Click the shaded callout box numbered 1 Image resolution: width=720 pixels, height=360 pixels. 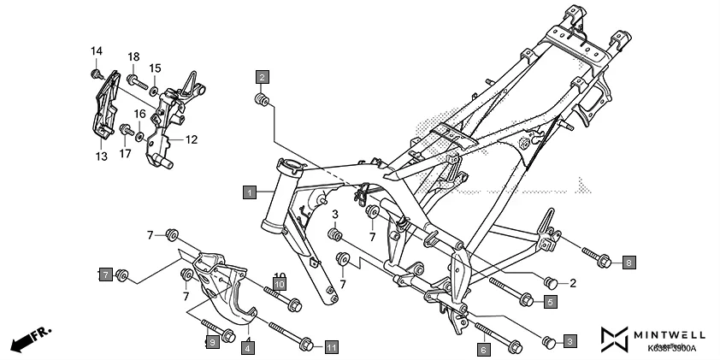(249, 192)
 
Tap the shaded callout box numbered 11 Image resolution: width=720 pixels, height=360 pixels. (331, 347)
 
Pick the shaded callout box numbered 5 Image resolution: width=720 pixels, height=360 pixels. (551, 301)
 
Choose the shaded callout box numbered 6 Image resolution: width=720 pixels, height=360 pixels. (484, 348)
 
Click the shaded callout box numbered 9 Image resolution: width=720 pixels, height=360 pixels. (211, 342)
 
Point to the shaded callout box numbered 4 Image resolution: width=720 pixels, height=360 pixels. (246, 347)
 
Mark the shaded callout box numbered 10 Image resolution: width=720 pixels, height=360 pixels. (280, 283)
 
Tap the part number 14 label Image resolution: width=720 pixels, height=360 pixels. (96, 51)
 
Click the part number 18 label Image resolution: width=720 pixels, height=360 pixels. (133, 56)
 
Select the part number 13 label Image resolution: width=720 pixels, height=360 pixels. (101, 156)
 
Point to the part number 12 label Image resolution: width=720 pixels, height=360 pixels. (192, 139)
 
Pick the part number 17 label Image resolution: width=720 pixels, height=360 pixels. (125, 154)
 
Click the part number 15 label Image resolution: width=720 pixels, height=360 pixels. (155, 68)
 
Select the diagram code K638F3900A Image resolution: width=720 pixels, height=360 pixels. (671, 349)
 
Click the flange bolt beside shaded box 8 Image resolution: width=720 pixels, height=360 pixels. (594, 257)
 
